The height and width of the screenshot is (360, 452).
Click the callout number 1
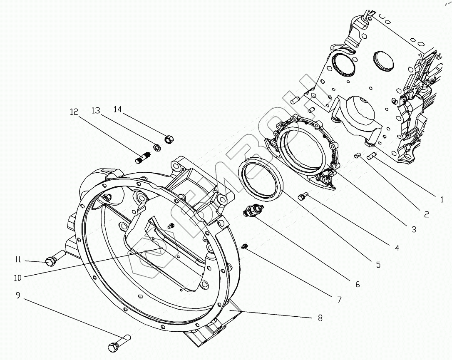pos(442,199)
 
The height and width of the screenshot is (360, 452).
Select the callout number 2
pos(426,215)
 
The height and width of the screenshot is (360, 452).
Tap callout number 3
pos(413,229)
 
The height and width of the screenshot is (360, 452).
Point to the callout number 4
pos(396,248)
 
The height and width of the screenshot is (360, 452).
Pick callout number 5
pos(377,265)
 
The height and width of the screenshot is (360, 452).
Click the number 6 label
pos(357,285)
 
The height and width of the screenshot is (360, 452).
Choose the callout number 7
pos(339,299)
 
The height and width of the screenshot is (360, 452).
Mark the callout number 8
pos(320,318)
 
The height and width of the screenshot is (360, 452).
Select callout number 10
pos(18,276)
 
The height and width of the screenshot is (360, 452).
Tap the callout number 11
pos(18,260)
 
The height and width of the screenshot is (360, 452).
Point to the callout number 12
pos(74,112)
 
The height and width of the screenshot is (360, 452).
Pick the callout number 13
pos(96,110)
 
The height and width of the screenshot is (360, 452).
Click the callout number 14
pos(118,109)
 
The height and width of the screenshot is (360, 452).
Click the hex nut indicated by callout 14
pos(170,139)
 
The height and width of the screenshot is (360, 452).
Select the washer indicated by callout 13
pos(157,146)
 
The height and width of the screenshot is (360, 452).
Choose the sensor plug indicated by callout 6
pos(251,211)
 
